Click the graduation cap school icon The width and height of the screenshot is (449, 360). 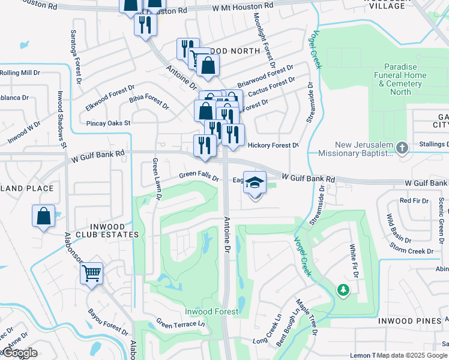255,183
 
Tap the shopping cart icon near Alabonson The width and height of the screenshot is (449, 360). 92,273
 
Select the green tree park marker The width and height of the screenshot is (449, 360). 343,290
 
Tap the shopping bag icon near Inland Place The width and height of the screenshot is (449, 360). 43,216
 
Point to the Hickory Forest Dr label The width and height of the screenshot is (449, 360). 273,145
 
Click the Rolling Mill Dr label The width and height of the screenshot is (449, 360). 19,73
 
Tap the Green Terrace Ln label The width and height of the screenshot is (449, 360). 180,323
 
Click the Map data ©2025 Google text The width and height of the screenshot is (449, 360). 411,356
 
